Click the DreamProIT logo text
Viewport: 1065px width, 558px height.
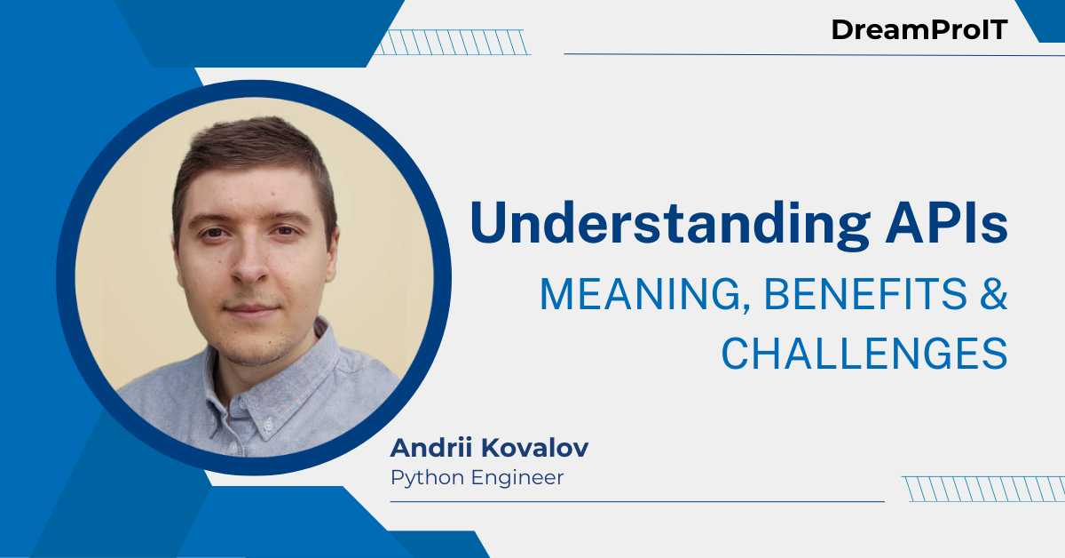coord(919,29)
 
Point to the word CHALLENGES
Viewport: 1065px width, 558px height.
coord(864,353)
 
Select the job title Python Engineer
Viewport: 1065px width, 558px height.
coord(477,478)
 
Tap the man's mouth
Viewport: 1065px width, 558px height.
coord(251,312)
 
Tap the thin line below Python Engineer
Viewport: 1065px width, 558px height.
coord(636,501)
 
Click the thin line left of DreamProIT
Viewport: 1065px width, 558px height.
coord(692,54)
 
